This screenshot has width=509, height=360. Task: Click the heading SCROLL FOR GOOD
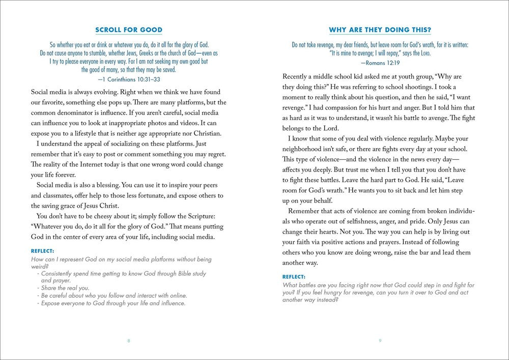129,30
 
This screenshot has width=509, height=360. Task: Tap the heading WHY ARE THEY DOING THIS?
379,30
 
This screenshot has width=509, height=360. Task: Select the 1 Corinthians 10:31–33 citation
129,79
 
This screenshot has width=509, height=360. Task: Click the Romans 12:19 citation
379,64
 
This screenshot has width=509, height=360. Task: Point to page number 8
128,341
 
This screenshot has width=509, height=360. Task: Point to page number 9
380,341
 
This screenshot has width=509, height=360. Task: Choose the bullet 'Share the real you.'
65,288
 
